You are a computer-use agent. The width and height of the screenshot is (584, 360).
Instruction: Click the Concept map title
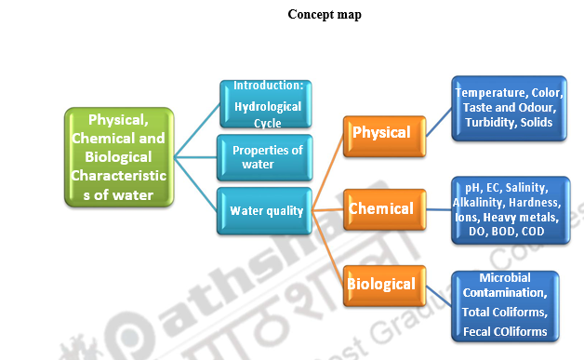coord(325,14)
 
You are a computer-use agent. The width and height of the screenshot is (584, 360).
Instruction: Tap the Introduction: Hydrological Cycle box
coord(265,104)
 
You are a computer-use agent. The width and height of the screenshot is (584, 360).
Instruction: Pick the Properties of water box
coord(265,157)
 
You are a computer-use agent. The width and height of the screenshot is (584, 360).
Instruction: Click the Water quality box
coord(265,210)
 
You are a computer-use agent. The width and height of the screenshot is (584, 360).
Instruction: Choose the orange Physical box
coord(380,133)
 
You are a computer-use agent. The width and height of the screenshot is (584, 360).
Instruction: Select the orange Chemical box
coord(380,209)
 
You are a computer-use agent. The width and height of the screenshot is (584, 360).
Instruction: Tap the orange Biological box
coord(380,283)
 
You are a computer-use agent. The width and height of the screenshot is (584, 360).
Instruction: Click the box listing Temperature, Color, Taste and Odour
coord(509,108)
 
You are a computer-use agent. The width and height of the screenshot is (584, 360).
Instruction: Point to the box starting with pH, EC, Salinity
coord(508,209)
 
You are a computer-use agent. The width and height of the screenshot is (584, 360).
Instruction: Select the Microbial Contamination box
coord(505,305)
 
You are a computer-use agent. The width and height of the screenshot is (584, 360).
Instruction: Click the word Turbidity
coord(490,122)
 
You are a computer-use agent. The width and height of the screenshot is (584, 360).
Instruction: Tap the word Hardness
coord(538,203)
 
